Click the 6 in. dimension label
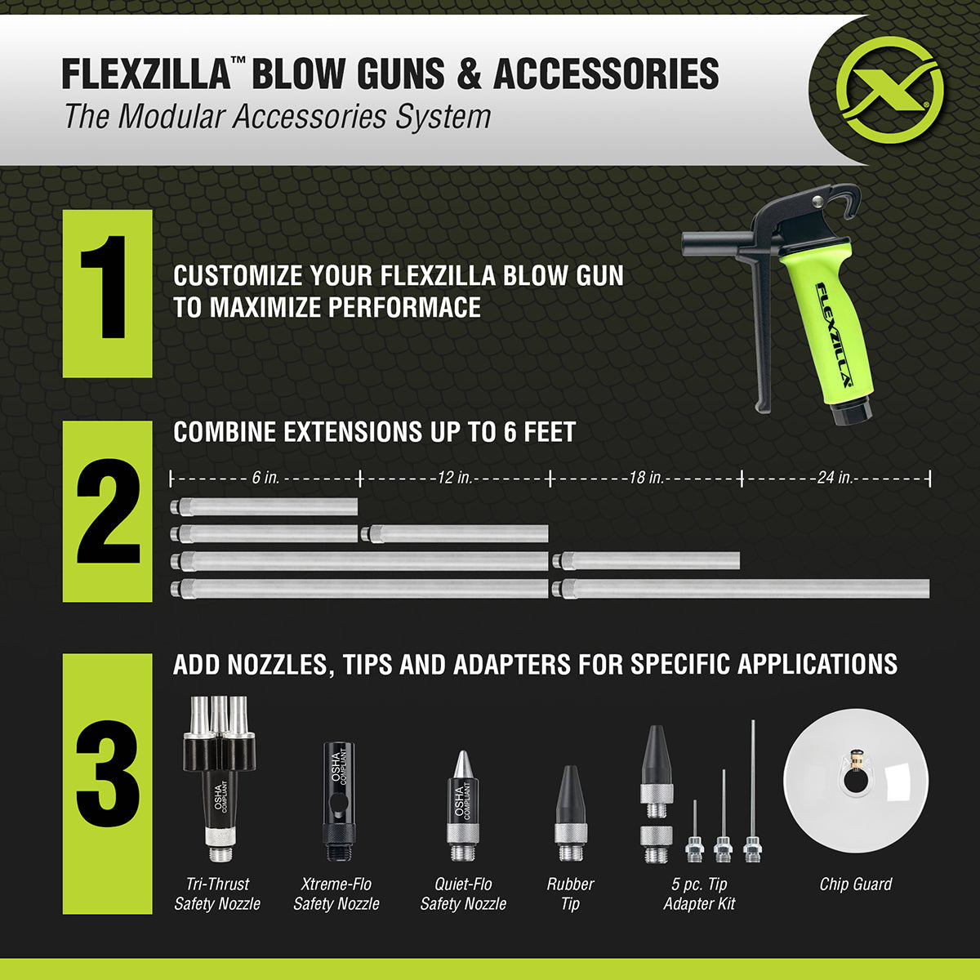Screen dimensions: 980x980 click(265, 478)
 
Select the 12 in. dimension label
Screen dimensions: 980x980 click(453, 478)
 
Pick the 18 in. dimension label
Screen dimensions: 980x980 click(645, 478)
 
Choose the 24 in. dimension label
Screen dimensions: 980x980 click(835, 478)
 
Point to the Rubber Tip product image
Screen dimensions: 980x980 click(570, 813)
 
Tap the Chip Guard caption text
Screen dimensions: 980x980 click(855, 884)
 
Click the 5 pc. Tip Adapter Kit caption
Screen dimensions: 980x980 click(699, 893)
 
